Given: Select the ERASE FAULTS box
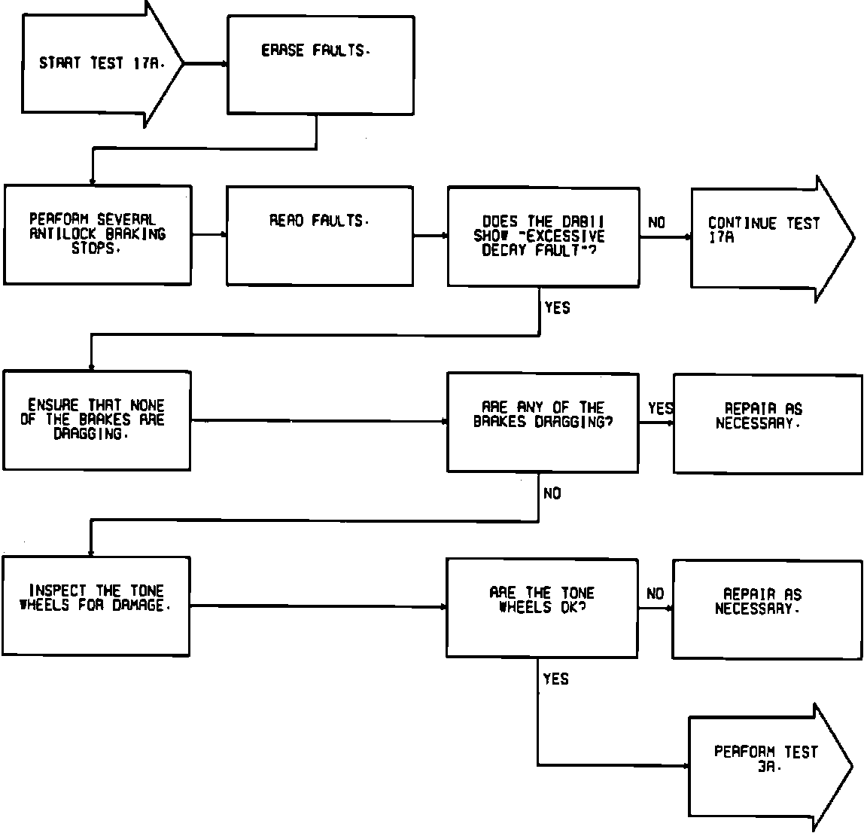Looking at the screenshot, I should (x=320, y=66).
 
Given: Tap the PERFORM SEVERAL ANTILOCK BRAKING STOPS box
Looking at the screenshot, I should (x=97, y=234).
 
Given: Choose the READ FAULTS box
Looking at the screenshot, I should (x=320, y=235).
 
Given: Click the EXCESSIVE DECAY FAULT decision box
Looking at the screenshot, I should (x=543, y=236).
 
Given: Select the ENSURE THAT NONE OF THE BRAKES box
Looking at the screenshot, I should (x=97, y=420).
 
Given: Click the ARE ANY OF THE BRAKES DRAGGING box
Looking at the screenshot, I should (x=543, y=422).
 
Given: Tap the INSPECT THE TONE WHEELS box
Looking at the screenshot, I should (x=96, y=606).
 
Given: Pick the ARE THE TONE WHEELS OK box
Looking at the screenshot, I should (x=542, y=607).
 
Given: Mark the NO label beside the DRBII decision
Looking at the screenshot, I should (x=656, y=223).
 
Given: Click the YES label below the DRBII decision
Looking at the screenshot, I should (x=557, y=308).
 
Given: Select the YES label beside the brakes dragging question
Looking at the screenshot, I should (x=660, y=408).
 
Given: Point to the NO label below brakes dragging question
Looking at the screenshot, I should (x=552, y=494).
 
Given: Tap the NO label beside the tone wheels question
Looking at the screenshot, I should (x=656, y=594).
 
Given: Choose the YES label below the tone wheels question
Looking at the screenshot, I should (x=556, y=679).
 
